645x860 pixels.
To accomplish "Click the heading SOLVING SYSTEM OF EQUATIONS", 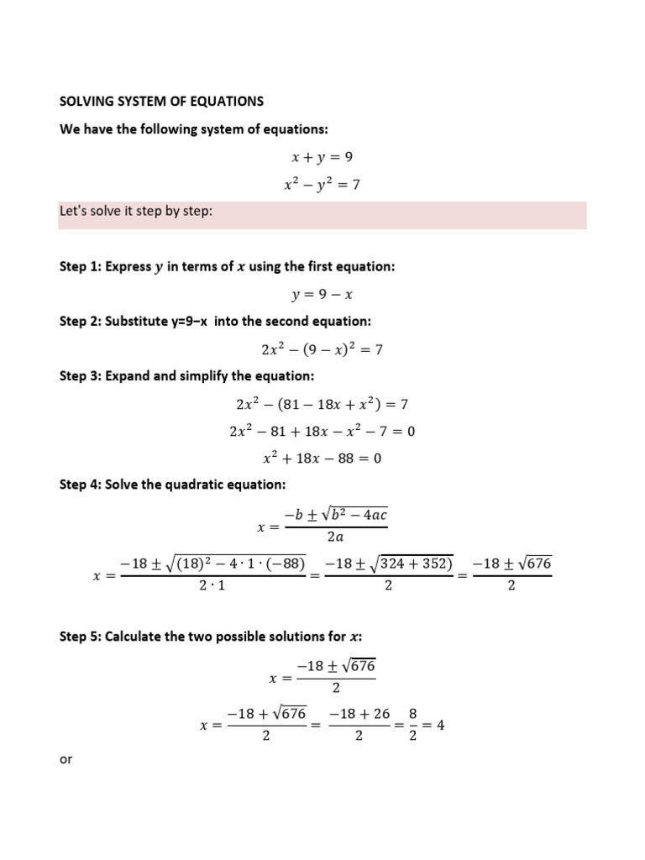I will pos(161,102).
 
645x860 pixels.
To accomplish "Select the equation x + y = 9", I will pos(322,156).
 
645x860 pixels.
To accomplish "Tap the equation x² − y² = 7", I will pos(322,184).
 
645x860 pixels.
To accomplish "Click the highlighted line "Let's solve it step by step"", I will pos(136,212).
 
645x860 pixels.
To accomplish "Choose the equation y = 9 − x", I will pos(322,294).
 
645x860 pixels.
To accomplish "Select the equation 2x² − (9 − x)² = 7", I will pos(322,349).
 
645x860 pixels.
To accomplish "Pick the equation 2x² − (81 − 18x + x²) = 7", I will pos(322,404).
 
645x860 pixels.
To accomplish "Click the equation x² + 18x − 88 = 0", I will pos(322,459).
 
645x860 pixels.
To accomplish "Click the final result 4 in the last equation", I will pos(439,726).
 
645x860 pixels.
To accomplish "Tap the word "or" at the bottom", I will pos(66,759).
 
